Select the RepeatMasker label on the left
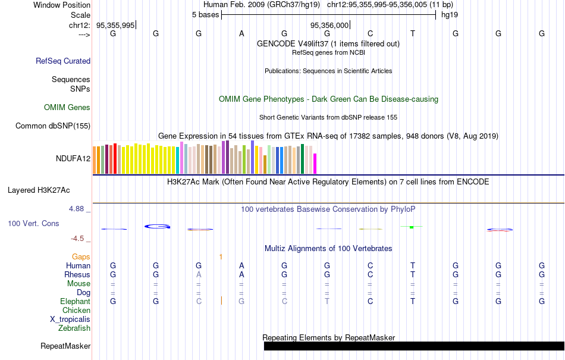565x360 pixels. click(65, 346)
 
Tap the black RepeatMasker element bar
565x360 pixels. click(413, 346)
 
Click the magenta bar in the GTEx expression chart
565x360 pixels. click(315, 164)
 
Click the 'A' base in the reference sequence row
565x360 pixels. click(241, 34)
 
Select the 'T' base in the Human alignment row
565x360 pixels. click(413, 265)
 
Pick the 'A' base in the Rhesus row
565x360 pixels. click(241, 274)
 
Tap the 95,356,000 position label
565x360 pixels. click(329, 25)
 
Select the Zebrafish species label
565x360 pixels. click(74, 328)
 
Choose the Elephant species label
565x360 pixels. click(75, 302)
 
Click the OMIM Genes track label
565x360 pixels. click(67, 108)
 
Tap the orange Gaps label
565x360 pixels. click(81, 256)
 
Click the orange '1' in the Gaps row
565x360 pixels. click(221, 256)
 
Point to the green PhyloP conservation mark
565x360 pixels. click(412, 227)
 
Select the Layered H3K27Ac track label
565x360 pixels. click(39, 190)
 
